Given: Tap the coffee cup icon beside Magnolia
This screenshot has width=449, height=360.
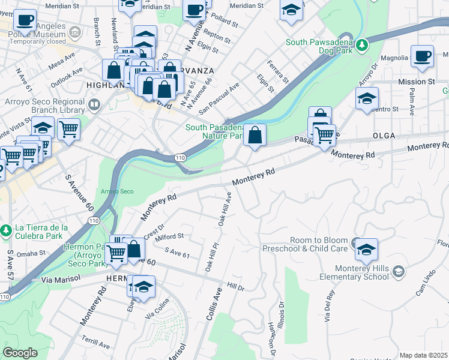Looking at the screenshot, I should pos(423,56).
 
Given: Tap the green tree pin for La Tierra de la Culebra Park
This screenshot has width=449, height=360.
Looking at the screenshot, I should pos(6,230).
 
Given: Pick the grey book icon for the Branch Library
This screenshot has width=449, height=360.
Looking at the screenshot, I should pos(94,106).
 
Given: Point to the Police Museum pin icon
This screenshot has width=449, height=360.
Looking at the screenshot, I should pos(75,31).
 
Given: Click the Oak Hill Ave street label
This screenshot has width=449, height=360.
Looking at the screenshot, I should pos(225,209).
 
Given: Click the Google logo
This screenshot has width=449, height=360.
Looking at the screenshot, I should pos(20,353).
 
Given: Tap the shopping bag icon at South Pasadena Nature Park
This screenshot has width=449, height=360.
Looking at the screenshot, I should pos(255,134).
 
